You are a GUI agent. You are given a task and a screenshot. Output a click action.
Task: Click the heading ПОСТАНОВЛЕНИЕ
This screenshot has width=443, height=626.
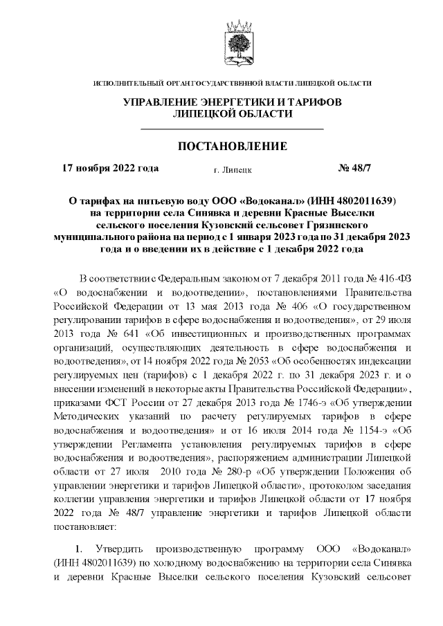coord(232,147)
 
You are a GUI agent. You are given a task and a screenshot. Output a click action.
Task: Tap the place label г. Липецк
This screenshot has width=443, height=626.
coord(233,169)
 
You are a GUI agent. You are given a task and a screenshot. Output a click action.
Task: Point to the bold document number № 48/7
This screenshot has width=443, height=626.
coord(355,168)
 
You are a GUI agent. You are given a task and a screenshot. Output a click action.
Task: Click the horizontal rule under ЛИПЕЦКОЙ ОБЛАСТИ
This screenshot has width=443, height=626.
coord(232,129)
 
